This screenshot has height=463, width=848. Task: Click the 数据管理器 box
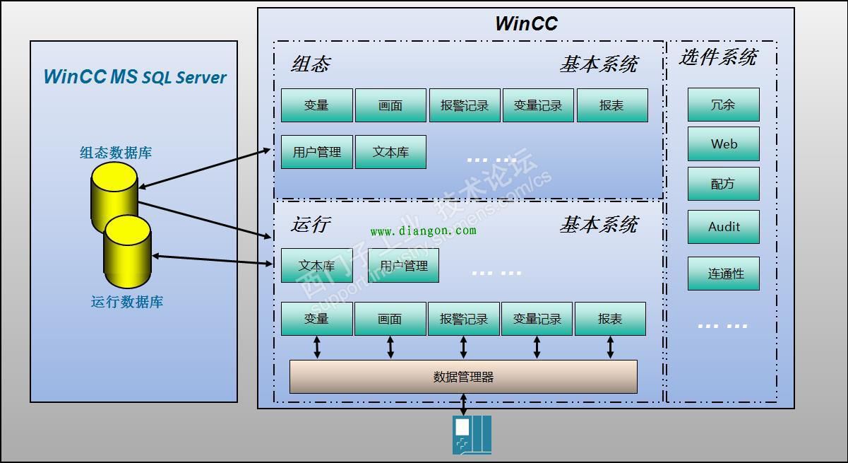tap(463, 377)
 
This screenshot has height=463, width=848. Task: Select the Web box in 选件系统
tap(724, 144)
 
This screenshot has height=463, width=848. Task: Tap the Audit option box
tap(724, 227)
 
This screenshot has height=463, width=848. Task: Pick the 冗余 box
tap(724, 105)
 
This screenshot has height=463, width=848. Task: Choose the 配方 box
tap(724, 184)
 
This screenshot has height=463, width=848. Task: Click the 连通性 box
tap(724, 274)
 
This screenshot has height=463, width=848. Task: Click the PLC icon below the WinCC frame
tap(472, 435)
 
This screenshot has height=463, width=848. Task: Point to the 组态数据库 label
tap(116, 153)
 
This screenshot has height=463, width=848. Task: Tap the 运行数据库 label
tap(127, 302)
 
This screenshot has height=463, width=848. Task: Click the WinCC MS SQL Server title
tap(135, 77)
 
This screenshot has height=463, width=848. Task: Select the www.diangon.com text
tap(423, 230)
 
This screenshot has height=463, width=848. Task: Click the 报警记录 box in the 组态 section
tap(465, 105)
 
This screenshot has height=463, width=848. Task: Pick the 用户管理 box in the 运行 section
tap(403, 266)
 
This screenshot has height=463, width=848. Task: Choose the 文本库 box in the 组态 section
tap(390, 152)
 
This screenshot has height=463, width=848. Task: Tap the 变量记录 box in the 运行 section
tap(537, 319)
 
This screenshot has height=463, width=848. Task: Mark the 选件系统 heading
tap(718, 57)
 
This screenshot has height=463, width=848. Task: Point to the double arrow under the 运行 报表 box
tap(610, 347)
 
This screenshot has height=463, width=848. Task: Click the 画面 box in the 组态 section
tap(390, 105)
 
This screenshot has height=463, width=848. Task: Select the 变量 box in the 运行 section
tap(316, 319)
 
